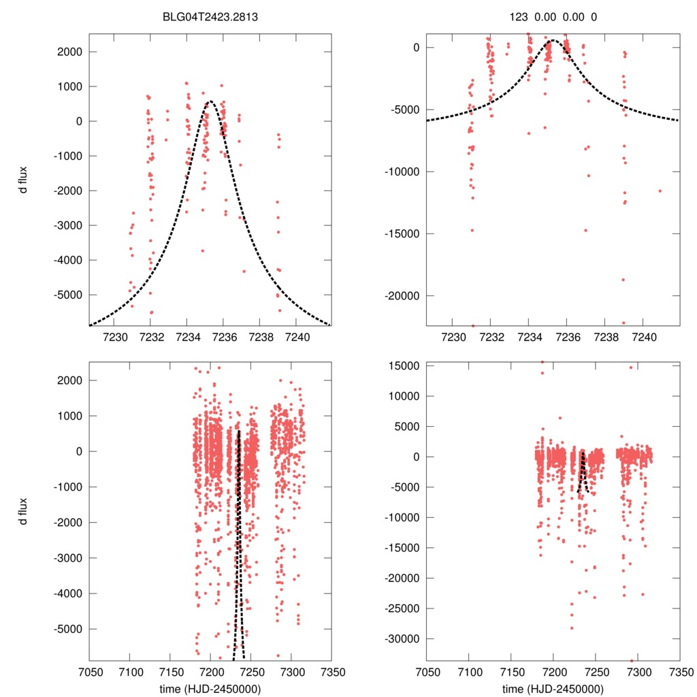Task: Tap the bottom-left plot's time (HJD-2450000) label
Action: [210, 688]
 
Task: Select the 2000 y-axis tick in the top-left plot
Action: [69, 52]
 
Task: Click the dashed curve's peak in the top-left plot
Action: [210, 102]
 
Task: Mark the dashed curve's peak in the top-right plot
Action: [553, 41]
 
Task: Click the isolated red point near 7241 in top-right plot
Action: [660, 191]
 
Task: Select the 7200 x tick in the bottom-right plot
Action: [554, 670]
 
